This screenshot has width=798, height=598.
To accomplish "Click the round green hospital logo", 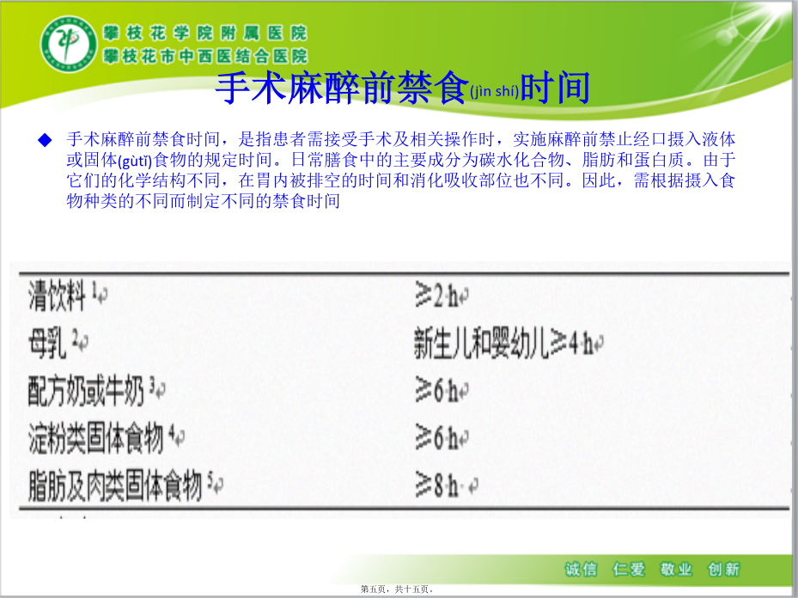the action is pos(69,43).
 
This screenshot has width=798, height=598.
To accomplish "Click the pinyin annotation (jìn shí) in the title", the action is pos(494,92).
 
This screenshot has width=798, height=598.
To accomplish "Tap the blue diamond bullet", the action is pos(46,140).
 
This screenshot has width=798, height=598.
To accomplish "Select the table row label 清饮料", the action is pos(57,296).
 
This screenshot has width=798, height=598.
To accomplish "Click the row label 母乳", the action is pos(47,343).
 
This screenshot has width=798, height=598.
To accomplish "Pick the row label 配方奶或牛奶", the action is pos(86,391).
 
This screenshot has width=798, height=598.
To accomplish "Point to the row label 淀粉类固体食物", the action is pos(95,437).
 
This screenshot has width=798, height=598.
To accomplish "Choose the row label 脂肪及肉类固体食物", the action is pos(115,485).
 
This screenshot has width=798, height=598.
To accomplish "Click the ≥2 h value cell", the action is pos(436,296).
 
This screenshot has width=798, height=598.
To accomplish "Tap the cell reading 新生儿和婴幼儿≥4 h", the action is pos(503,343).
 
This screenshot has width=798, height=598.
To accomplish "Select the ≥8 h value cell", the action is pos(436,485).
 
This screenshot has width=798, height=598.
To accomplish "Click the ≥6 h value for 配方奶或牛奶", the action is pos(436,391).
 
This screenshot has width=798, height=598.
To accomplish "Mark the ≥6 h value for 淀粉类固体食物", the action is pos(436,437).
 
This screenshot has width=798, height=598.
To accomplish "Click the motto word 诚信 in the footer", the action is pos(581,569).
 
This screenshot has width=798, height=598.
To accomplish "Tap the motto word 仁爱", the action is pos(629,569).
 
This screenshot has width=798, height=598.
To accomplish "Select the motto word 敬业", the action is pos(676,569).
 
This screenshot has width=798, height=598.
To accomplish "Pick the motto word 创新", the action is pos(723,569).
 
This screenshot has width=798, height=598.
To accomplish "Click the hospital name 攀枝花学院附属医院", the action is pos(205,34).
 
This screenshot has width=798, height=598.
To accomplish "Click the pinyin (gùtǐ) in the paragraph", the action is pos(135,162).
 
